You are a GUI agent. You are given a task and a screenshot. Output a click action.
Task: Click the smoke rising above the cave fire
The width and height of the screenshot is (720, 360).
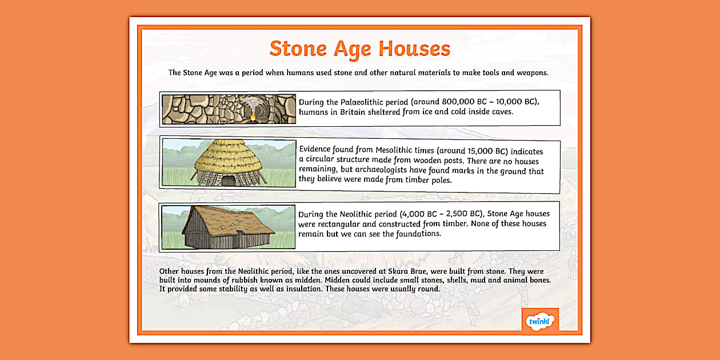250,103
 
